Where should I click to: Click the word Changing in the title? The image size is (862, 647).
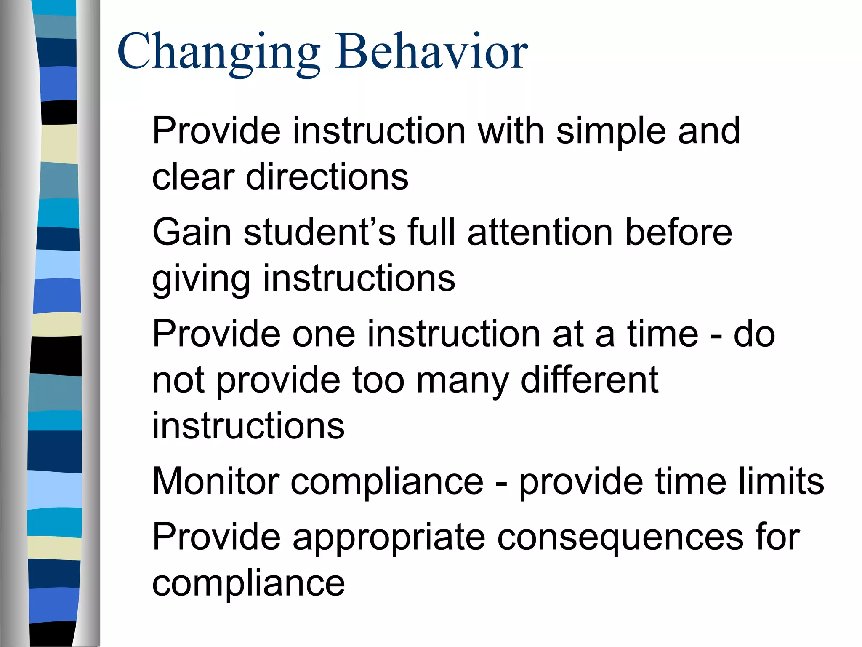(219, 53)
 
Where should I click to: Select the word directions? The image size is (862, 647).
(327, 176)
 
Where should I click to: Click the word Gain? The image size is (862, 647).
(192, 232)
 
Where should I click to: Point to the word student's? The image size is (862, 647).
(320, 232)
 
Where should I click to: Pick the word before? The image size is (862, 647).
(678, 232)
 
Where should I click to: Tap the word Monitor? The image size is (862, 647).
(216, 481)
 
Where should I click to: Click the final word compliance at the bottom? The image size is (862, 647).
(248, 585)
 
